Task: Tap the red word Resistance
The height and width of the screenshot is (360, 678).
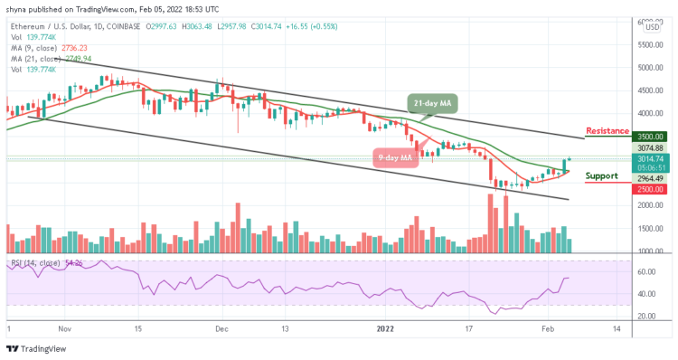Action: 607,130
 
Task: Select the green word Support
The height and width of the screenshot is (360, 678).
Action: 602,175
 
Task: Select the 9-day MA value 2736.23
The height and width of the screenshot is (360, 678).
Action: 73,49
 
